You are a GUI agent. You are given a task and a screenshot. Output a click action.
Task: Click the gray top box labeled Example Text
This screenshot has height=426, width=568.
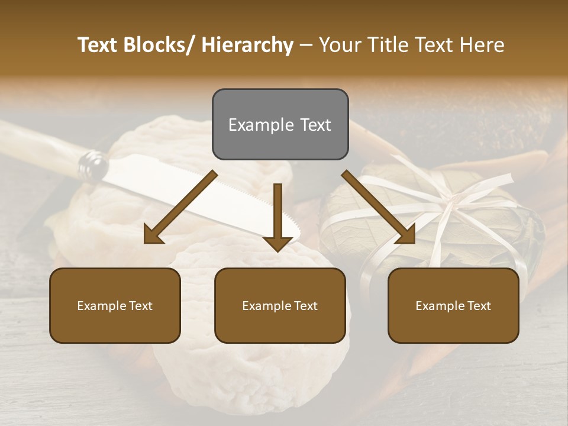(x=280, y=124)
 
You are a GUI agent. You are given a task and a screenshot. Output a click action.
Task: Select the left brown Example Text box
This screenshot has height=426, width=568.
(x=115, y=305)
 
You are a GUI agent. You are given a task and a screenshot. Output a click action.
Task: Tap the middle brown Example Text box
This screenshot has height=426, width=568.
(x=280, y=305)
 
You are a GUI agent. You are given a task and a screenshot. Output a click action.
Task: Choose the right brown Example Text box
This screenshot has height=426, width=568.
(x=453, y=305)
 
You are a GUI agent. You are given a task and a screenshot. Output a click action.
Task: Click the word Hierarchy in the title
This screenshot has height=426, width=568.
(x=247, y=45)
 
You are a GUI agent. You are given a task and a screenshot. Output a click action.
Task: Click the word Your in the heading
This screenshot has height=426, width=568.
(x=341, y=45)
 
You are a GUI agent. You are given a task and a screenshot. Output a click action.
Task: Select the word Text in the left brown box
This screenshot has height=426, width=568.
(x=141, y=306)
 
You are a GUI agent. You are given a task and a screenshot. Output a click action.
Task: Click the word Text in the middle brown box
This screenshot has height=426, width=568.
(x=306, y=306)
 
